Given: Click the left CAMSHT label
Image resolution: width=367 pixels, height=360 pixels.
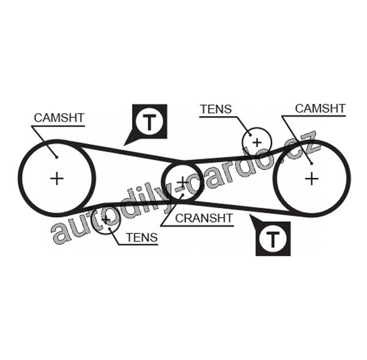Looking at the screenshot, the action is (x=59, y=118).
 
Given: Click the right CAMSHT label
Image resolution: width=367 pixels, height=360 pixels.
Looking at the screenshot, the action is (x=320, y=108).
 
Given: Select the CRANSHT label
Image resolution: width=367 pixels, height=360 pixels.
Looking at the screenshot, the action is (x=204, y=218).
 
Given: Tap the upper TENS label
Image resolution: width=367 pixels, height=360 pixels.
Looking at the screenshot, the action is (x=216, y=109).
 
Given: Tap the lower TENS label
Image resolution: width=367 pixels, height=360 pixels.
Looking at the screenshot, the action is (x=142, y=237).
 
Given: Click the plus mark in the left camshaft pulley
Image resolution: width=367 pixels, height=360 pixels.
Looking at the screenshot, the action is (x=57, y=179).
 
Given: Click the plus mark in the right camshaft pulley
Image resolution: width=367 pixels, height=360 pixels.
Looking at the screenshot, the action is (x=311, y=179).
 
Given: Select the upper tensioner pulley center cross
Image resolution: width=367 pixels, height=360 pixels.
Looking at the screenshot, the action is (x=257, y=142).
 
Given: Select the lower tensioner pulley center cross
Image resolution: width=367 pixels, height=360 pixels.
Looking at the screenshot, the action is (x=106, y=219).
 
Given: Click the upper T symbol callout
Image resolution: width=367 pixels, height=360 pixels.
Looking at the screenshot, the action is (x=149, y=122).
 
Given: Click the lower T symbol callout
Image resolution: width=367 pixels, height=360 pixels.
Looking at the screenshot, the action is (x=273, y=240).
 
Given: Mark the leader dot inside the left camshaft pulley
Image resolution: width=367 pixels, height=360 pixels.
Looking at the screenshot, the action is (x=57, y=157).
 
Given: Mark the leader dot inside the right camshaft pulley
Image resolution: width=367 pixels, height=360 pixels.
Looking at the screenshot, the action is (x=311, y=164).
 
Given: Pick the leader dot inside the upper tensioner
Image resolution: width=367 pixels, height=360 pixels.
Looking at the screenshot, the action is (x=250, y=134).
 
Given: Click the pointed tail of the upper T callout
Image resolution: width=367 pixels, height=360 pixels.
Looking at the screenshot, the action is (x=124, y=145).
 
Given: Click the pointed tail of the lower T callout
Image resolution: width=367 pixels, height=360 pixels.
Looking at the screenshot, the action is (x=250, y=215).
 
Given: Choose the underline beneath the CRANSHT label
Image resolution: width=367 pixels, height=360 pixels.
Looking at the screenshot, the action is (x=198, y=226).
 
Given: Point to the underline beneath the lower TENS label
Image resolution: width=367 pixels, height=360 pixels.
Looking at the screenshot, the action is (x=138, y=245).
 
